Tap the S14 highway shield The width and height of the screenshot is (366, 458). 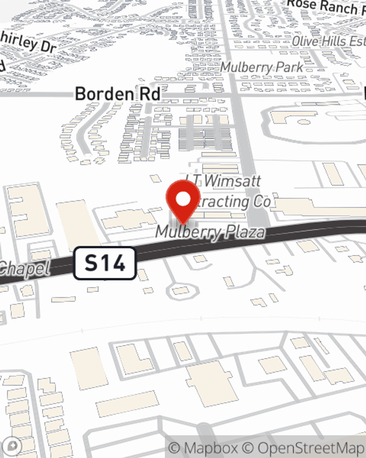click(105, 263)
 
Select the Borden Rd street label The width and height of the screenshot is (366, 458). click(117, 94)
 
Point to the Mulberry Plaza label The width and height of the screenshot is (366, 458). click(210, 232)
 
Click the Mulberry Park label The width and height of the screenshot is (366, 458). click(262, 67)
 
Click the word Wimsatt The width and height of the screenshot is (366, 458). click(232, 181)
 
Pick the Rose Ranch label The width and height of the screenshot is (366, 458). click(322, 7)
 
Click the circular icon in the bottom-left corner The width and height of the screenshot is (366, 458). click(12, 446)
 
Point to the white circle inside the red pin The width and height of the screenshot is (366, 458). click(183, 199)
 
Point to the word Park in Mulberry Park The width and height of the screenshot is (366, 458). click(289, 67)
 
